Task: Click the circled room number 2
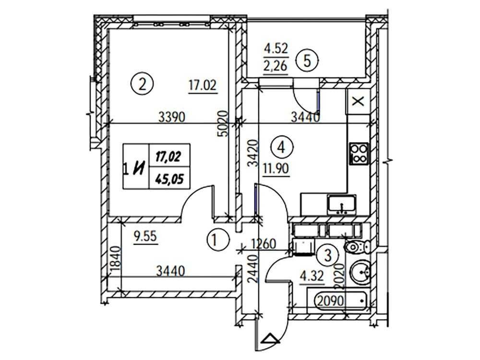click(142, 84)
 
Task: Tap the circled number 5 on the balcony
click(308, 60)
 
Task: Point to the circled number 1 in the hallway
click(218, 240)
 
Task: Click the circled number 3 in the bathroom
click(328, 255)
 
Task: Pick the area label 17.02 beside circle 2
click(203, 85)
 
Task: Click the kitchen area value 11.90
click(276, 168)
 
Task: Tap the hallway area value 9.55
click(145, 237)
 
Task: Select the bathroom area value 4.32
click(312, 277)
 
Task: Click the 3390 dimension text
click(172, 117)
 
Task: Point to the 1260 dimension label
click(263, 244)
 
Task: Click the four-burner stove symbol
click(359, 154)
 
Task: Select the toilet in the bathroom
click(357, 246)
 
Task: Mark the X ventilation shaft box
click(358, 101)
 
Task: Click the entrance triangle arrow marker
click(271, 339)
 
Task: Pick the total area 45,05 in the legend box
click(169, 179)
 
